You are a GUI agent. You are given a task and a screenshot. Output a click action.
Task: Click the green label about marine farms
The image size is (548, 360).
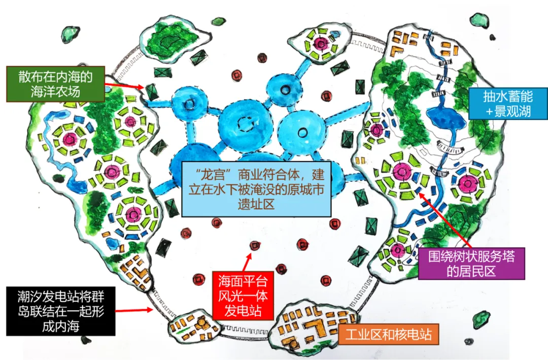pyautogui.click(x=55, y=84)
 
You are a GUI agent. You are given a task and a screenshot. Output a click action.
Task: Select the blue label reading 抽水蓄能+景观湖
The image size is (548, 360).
pyautogui.click(x=508, y=104)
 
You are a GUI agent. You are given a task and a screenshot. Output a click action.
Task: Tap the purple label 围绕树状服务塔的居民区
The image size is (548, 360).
pyautogui.click(x=471, y=264)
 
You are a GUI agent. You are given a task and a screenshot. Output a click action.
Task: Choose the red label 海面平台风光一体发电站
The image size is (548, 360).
pyautogui.click(x=243, y=296)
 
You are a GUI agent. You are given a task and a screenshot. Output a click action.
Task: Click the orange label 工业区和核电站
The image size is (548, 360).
pyautogui.click(x=388, y=335)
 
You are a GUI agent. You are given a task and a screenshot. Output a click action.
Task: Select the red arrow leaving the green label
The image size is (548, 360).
pyautogui.click(x=124, y=86)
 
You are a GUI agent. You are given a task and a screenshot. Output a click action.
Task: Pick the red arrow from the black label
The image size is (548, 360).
pyautogui.click(x=134, y=310)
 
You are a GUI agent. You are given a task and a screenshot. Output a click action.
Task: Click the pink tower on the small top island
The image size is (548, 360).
pyautogui.click(x=320, y=43)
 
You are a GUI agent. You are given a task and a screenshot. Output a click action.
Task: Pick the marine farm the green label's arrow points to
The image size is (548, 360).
pyautogui.click(x=152, y=92)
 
